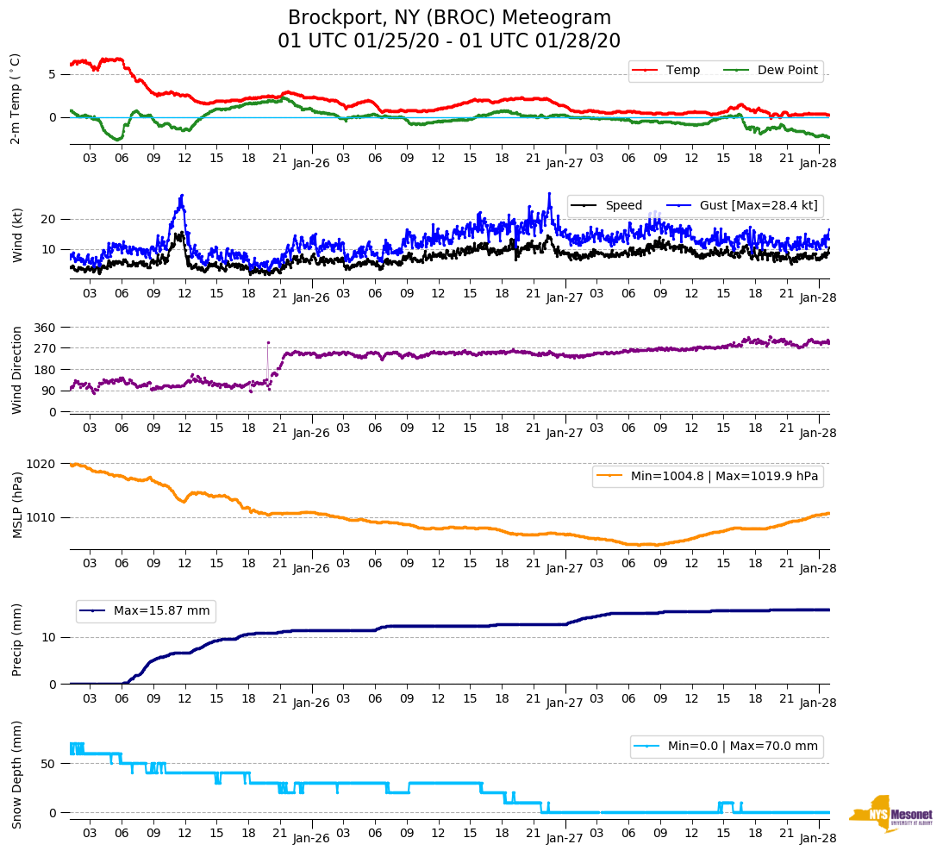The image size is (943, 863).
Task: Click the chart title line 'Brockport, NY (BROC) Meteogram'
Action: [449, 18]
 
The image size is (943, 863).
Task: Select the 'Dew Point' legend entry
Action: [787, 71]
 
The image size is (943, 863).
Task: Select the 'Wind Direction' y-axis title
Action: [16, 370]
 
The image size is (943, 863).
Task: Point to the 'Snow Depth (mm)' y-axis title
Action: [16, 775]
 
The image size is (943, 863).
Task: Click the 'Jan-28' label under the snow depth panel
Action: [818, 838]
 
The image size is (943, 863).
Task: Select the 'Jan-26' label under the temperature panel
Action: [311, 163]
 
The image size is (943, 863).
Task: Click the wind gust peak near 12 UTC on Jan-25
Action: [182, 196]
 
